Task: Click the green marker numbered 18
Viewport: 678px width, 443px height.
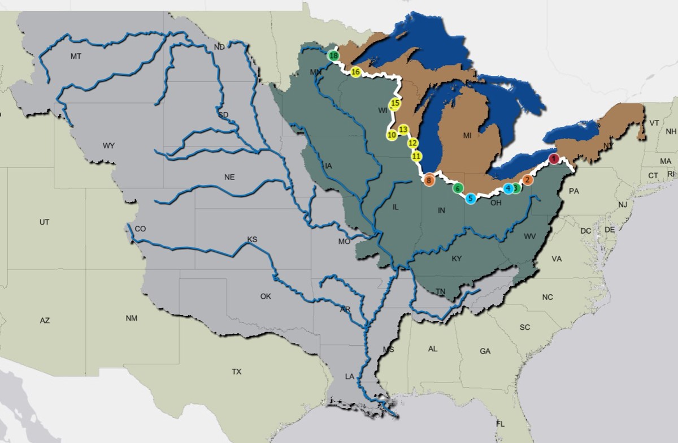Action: pyautogui.click(x=333, y=55)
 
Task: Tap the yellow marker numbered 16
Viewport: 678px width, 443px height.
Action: pyautogui.click(x=355, y=72)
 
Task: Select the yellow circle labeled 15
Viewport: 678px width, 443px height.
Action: pyautogui.click(x=395, y=103)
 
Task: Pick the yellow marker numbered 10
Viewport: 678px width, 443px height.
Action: pyautogui.click(x=392, y=135)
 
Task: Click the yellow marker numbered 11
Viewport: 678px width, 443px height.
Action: pyautogui.click(x=416, y=156)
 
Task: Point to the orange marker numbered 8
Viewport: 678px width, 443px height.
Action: pyautogui.click(x=429, y=180)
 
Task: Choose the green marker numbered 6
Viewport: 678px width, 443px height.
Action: pyautogui.click(x=458, y=188)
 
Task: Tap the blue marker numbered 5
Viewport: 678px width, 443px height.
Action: pyautogui.click(x=470, y=199)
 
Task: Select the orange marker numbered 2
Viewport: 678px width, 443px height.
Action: pyautogui.click(x=528, y=180)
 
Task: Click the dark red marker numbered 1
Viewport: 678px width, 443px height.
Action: pyautogui.click(x=554, y=158)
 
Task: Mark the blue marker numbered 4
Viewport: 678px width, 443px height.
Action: pyautogui.click(x=508, y=188)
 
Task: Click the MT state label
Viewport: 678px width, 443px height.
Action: pyautogui.click(x=76, y=56)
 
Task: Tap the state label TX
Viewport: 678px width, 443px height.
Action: pyautogui.click(x=236, y=372)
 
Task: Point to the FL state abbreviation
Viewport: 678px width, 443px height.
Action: pyautogui.click(x=500, y=424)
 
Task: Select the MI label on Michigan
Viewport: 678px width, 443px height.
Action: pyautogui.click(x=467, y=136)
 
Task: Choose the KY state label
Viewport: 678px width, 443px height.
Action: pyautogui.click(x=457, y=259)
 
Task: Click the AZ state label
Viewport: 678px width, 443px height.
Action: pyautogui.click(x=45, y=320)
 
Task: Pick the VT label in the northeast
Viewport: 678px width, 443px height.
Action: pyautogui.click(x=654, y=123)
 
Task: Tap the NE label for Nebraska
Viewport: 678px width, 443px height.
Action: pyautogui.click(x=229, y=177)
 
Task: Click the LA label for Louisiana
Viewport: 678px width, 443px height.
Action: pyautogui.click(x=350, y=376)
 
